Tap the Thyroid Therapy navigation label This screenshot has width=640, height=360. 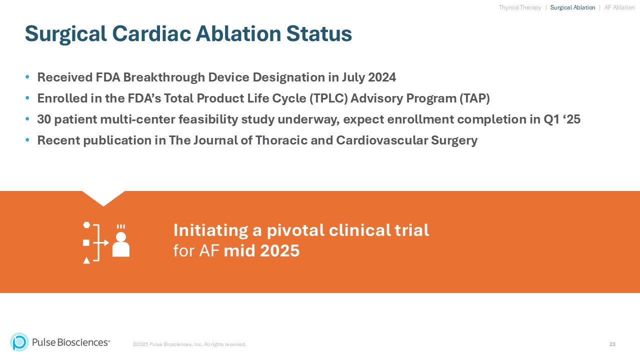520,7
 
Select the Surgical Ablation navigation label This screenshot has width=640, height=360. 572,7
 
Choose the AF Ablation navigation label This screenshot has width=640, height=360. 619,7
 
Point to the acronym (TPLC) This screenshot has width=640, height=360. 328,98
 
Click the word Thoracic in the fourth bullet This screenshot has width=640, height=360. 280,140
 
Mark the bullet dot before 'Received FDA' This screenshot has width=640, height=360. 27,77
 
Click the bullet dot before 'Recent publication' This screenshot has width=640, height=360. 27,140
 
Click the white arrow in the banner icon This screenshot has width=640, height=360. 103,242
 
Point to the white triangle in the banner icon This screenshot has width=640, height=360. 86,260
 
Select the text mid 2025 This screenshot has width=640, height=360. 261,251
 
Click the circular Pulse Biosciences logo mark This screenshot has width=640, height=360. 19,342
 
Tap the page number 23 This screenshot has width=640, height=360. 612,344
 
